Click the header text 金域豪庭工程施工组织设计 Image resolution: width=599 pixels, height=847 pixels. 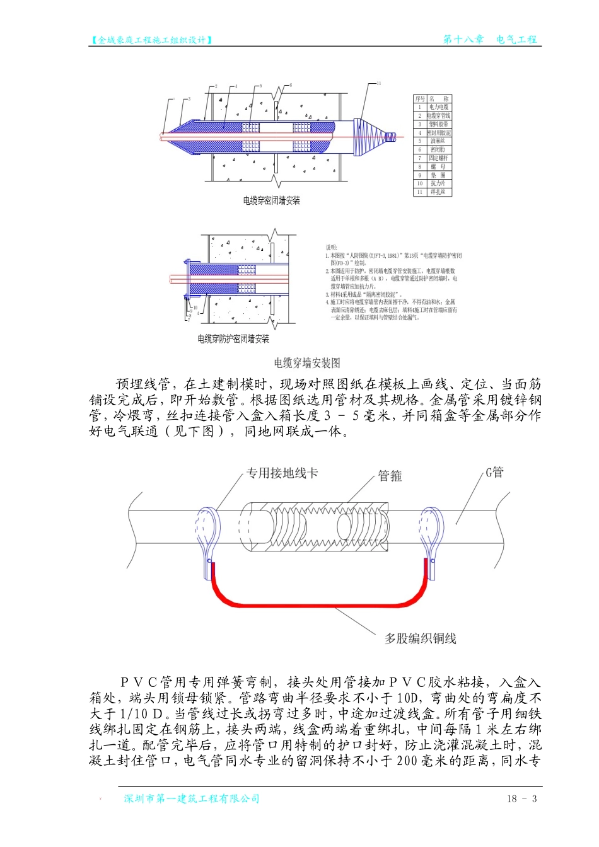[x=151, y=40]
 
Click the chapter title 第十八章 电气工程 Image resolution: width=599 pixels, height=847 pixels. [x=490, y=39]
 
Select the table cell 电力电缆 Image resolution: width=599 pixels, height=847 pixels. [x=439, y=108]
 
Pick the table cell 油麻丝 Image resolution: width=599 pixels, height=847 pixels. [x=439, y=141]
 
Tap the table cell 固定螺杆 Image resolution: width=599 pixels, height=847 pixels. [x=439, y=158]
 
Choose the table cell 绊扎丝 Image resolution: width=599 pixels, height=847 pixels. [x=439, y=192]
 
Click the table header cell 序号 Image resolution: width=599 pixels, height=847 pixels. [x=420, y=99]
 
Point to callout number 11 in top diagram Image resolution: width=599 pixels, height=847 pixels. [x=379, y=83]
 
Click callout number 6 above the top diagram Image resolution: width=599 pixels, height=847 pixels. [x=291, y=85]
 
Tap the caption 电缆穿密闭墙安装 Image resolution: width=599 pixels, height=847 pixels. [x=272, y=201]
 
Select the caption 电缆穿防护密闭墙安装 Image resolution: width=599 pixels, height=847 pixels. [x=233, y=339]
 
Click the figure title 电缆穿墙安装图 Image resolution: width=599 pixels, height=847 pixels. [x=307, y=363]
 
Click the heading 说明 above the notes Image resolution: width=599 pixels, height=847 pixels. [x=332, y=248]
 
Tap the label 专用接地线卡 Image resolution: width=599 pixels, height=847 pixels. [x=282, y=473]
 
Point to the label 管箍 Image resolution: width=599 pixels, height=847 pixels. [x=390, y=476]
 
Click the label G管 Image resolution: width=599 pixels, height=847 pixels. [x=494, y=473]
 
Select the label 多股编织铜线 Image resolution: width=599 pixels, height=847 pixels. [x=421, y=638]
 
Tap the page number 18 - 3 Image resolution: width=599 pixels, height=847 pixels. [x=521, y=799]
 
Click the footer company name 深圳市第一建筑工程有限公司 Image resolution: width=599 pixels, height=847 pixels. [x=192, y=799]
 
